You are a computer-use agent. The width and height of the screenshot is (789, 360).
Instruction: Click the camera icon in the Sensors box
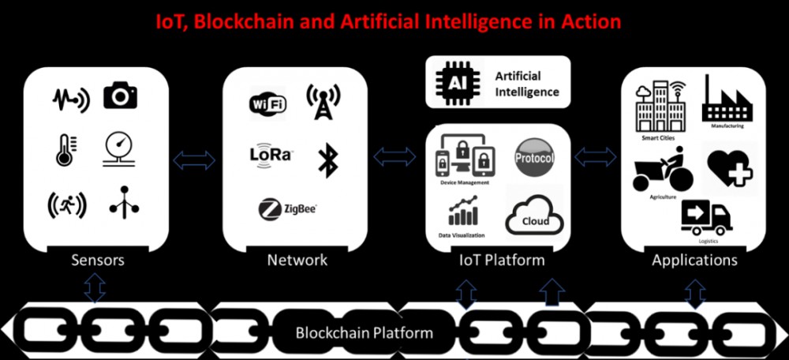click(120, 96)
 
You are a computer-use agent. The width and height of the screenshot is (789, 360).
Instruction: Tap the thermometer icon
click(65, 149)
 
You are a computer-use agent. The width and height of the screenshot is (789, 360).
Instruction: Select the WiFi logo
click(267, 103)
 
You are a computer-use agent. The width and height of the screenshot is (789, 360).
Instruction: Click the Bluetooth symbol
click(327, 159)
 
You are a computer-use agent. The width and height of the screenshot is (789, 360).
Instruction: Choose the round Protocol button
click(534, 158)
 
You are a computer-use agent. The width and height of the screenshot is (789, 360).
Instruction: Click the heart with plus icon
click(730, 167)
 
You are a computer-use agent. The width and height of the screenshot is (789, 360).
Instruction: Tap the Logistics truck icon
click(706, 217)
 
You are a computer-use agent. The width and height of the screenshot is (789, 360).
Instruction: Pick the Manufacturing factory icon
click(727, 101)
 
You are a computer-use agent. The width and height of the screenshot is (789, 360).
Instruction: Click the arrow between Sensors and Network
click(193, 160)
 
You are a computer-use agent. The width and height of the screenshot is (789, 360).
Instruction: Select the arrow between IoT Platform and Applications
click(596, 156)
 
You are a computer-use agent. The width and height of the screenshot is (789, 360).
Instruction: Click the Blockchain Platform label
click(364, 332)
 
